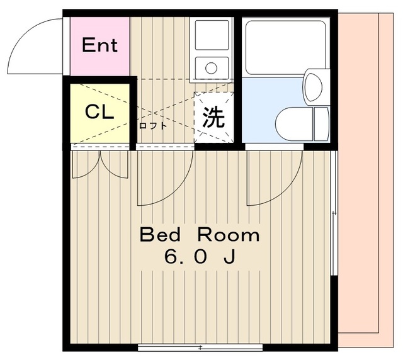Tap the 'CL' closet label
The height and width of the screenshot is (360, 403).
(x=99, y=113)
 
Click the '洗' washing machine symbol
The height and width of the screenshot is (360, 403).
(x=214, y=117)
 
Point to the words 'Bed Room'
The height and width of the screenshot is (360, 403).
(x=199, y=235)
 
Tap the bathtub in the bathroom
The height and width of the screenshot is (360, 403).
(x=285, y=47)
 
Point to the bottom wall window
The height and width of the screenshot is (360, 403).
(x=200, y=347)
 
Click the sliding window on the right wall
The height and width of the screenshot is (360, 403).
(x=334, y=214)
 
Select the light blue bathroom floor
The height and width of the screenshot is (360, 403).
(x=264, y=107)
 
